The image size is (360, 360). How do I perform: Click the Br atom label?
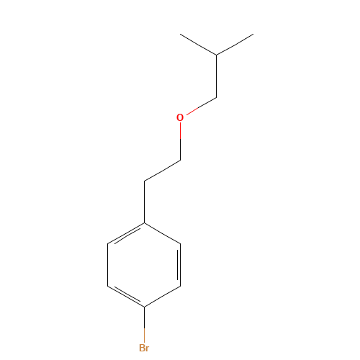coord(144,348)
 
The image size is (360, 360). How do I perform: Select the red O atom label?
coord(180,117)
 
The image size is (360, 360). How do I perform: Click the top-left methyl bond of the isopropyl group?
coord(199,44)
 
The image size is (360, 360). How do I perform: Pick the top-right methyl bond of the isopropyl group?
coord(235,44)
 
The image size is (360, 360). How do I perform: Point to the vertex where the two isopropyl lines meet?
coord(217,54)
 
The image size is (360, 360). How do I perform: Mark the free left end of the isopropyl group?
coord(181,34)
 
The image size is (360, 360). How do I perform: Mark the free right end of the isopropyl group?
coord(252,34)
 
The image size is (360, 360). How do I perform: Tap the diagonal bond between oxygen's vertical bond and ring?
coord(163,170)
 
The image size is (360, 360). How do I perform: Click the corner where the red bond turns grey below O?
coord(180,160)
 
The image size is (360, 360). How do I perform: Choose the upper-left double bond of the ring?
coord(127,234)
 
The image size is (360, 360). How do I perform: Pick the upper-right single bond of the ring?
coord(163,234)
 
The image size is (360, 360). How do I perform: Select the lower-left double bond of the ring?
coord(127,296)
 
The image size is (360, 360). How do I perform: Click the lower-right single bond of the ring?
coord(163,296)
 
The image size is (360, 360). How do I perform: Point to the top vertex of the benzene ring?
coord(145,224)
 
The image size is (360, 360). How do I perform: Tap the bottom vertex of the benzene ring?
coord(145,307)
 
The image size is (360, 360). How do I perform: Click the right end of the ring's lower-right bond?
coord(181,286)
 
